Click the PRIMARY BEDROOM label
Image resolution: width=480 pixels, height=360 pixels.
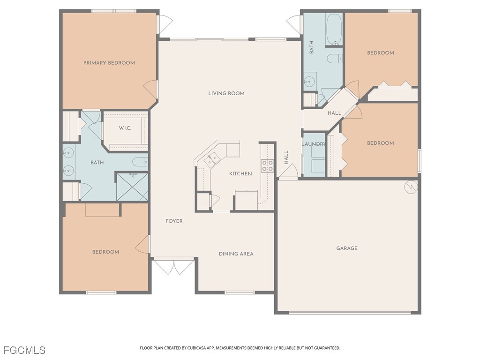pos(109,63)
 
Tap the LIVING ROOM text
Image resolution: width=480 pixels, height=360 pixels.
pos(226,93)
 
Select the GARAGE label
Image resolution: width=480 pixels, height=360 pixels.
pos(346,248)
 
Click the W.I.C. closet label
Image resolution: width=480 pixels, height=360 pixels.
pos(125,128)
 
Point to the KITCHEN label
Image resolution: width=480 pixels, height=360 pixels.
pos(240,173)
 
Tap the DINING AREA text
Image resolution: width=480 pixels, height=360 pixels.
pos(236,254)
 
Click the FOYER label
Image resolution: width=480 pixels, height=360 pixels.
pos(174,221)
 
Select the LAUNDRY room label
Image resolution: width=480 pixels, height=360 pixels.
pos(314,144)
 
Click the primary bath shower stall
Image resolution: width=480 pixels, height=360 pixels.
pos(132,187)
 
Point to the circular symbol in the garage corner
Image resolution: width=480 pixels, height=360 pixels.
pos(411,187)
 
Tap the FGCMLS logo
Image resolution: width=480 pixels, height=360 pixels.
pos(24,350)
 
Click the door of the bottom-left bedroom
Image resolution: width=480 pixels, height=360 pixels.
pos(143,245)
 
